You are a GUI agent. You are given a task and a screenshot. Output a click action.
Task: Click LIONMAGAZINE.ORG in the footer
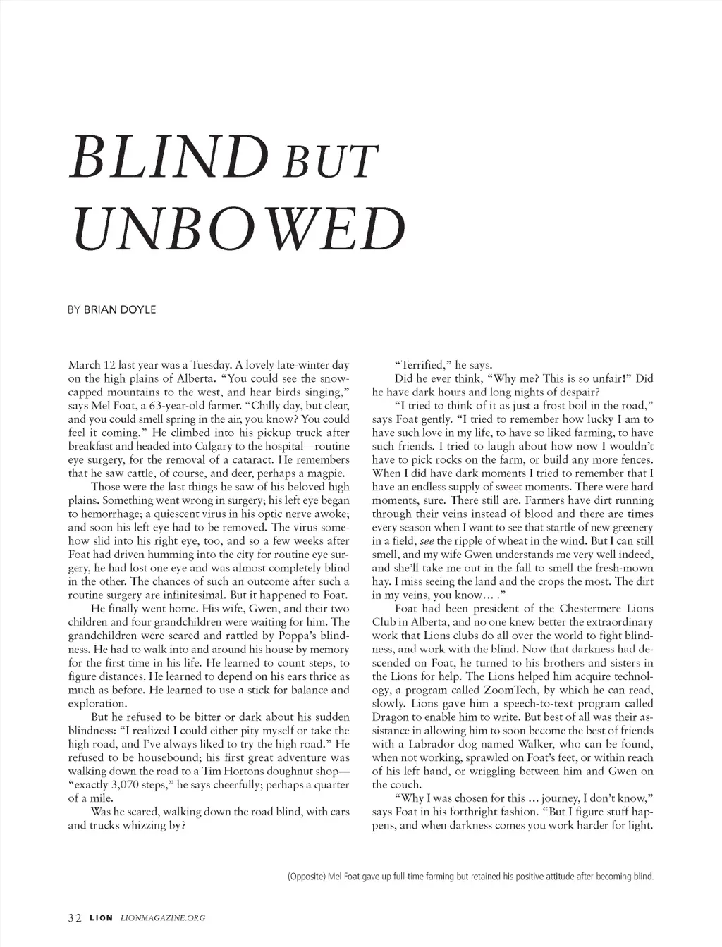pyautogui.click(x=164, y=917)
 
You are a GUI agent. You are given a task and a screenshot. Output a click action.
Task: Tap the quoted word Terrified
pyautogui.click(x=422, y=365)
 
